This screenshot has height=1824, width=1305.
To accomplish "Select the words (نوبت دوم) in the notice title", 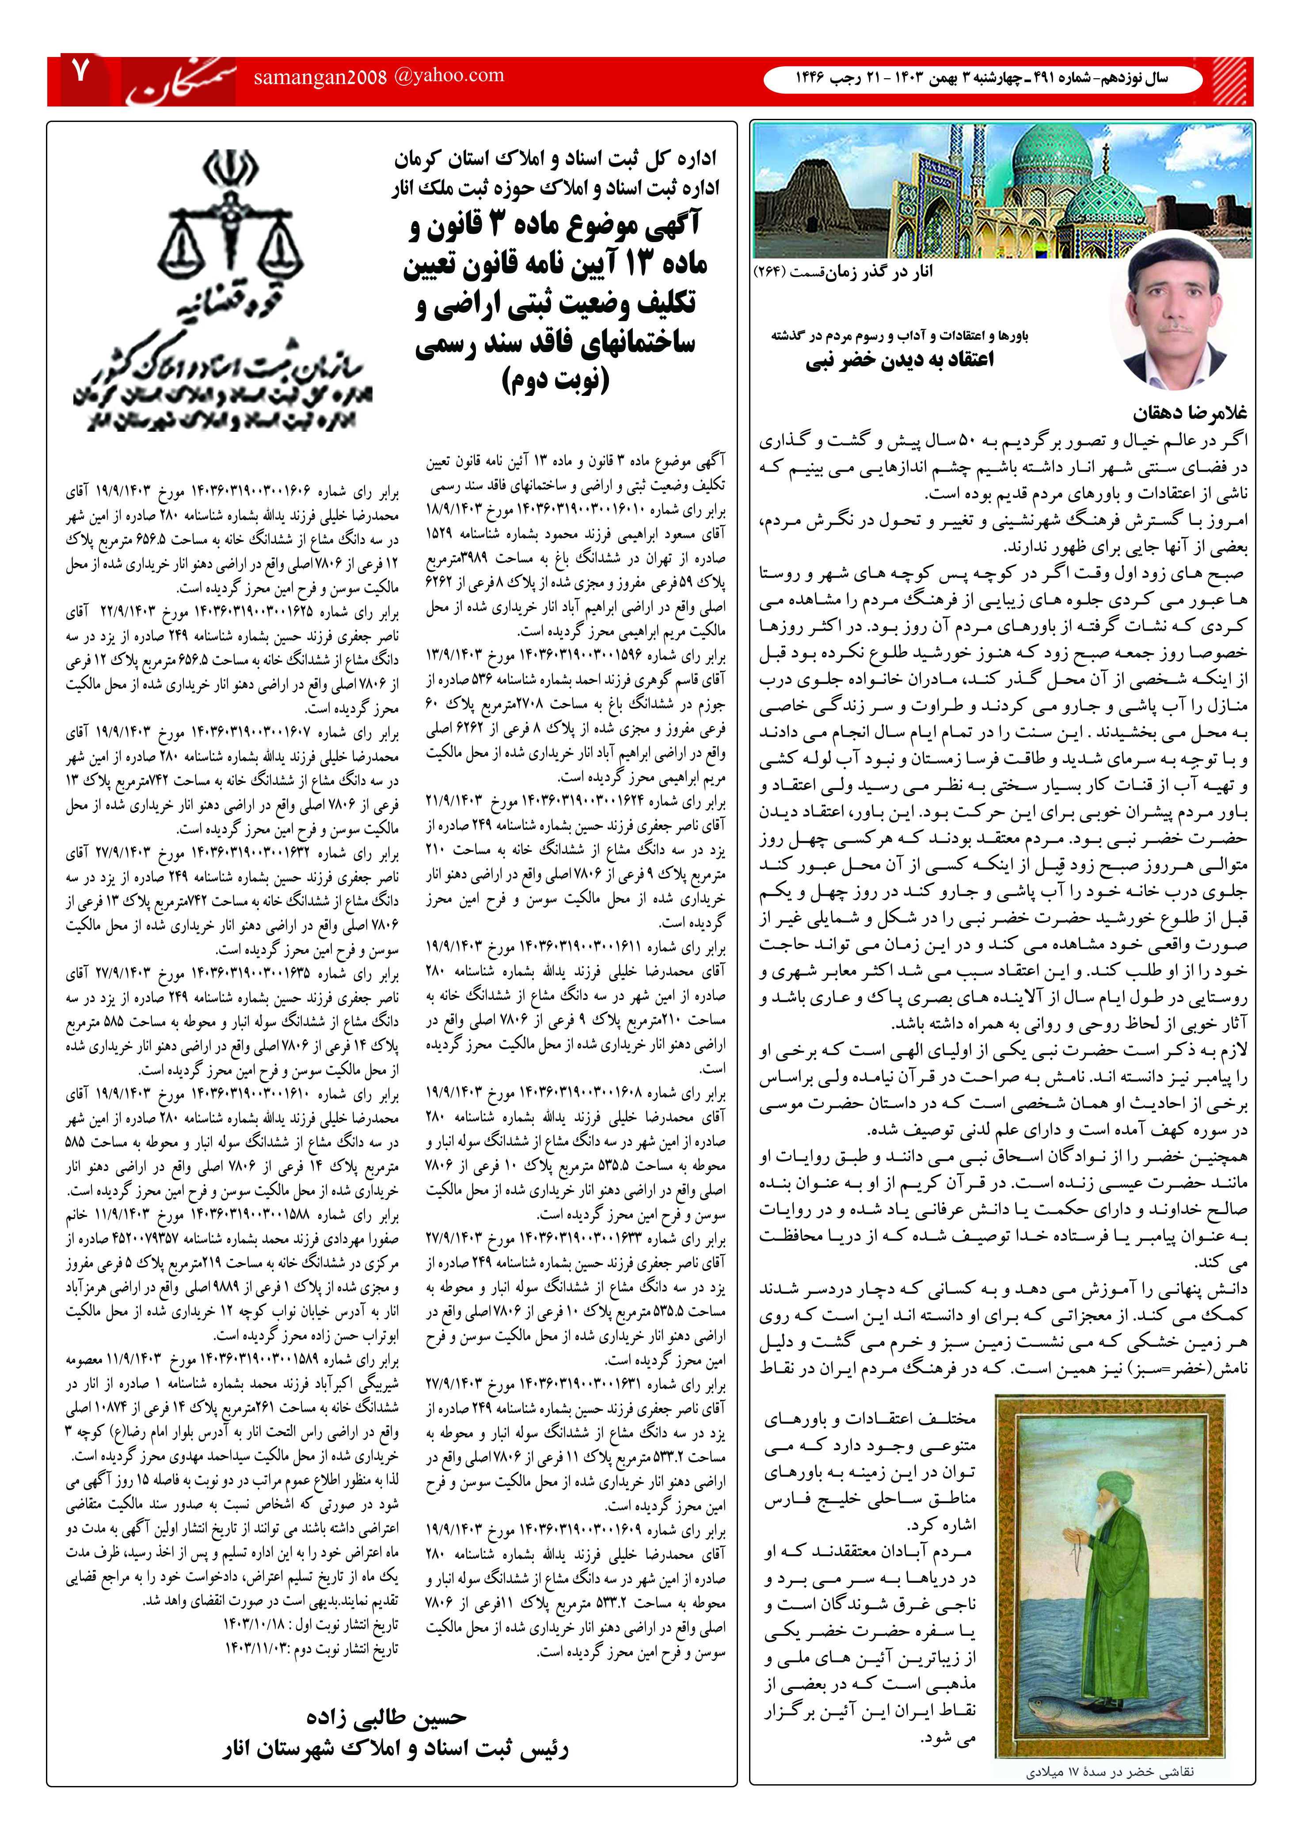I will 555,379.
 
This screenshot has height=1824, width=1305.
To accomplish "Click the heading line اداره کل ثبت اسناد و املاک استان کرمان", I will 555,158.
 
